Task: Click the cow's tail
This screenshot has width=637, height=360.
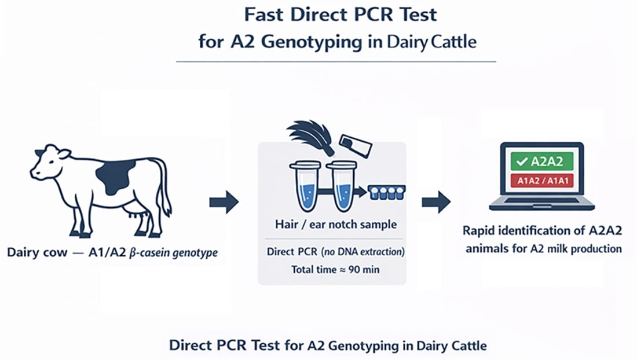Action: [x=166, y=188]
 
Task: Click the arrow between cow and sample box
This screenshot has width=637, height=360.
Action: [x=224, y=202]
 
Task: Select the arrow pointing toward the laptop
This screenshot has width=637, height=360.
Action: [x=435, y=202]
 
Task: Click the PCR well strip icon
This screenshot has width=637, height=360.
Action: [x=385, y=192]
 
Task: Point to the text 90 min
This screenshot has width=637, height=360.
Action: [x=366, y=270]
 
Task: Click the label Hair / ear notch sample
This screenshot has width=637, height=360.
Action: [x=332, y=224]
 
